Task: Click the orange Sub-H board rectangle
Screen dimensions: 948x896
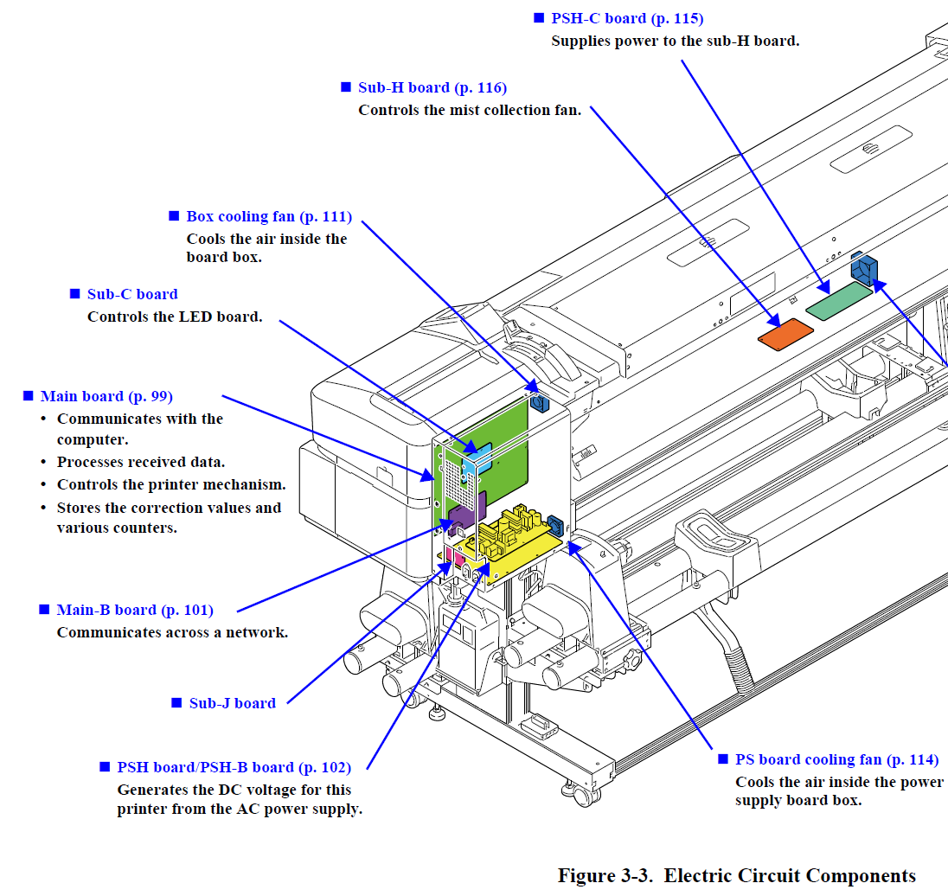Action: tap(785, 335)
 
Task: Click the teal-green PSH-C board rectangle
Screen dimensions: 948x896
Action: tap(839, 300)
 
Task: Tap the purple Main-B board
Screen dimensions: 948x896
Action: tap(467, 515)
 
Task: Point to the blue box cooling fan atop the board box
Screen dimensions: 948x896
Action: tap(539, 403)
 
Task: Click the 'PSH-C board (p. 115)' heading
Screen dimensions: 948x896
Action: tap(627, 19)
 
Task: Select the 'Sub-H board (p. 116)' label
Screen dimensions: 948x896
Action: tap(432, 87)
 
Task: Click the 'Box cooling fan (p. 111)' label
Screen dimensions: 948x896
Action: tap(269, 216)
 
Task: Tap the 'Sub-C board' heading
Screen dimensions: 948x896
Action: tap(132, 294)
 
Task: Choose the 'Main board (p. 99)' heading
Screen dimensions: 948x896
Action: tap(106, 397)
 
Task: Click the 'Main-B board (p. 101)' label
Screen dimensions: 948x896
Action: tap(135, 610)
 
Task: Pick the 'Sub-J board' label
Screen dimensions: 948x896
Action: tap(232, 703)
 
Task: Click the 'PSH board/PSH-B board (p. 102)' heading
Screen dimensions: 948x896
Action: tap(234, 767)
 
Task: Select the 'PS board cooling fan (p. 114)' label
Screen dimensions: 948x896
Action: tap(836, 760)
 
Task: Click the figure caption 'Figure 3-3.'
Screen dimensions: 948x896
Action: tap(605, 875)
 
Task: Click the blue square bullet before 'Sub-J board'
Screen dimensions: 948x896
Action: tap(176, 702)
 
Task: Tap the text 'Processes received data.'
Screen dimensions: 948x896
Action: tap(141, 463)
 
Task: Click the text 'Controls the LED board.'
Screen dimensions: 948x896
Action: tap(175, 317)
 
